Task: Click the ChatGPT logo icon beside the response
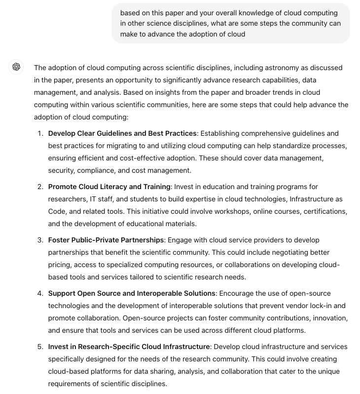pos(16,67)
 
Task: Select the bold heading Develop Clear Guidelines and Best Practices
pos(122,133)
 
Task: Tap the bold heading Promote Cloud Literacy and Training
pos(109,187)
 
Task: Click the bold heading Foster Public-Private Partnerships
pos(106,240)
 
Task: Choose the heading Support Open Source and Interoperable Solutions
pos(132,293)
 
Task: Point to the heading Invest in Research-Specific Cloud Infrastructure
pos(129,347)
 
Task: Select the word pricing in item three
pos(60,265)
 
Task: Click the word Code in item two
pos(57,211)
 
